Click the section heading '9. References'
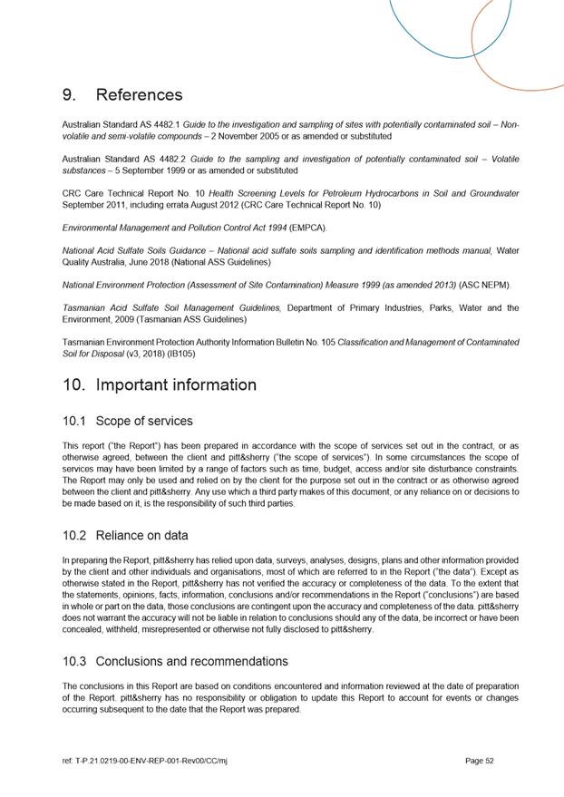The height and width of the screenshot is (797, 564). tap(122, 95)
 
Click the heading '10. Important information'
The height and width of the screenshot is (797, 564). tap(160, 384)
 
